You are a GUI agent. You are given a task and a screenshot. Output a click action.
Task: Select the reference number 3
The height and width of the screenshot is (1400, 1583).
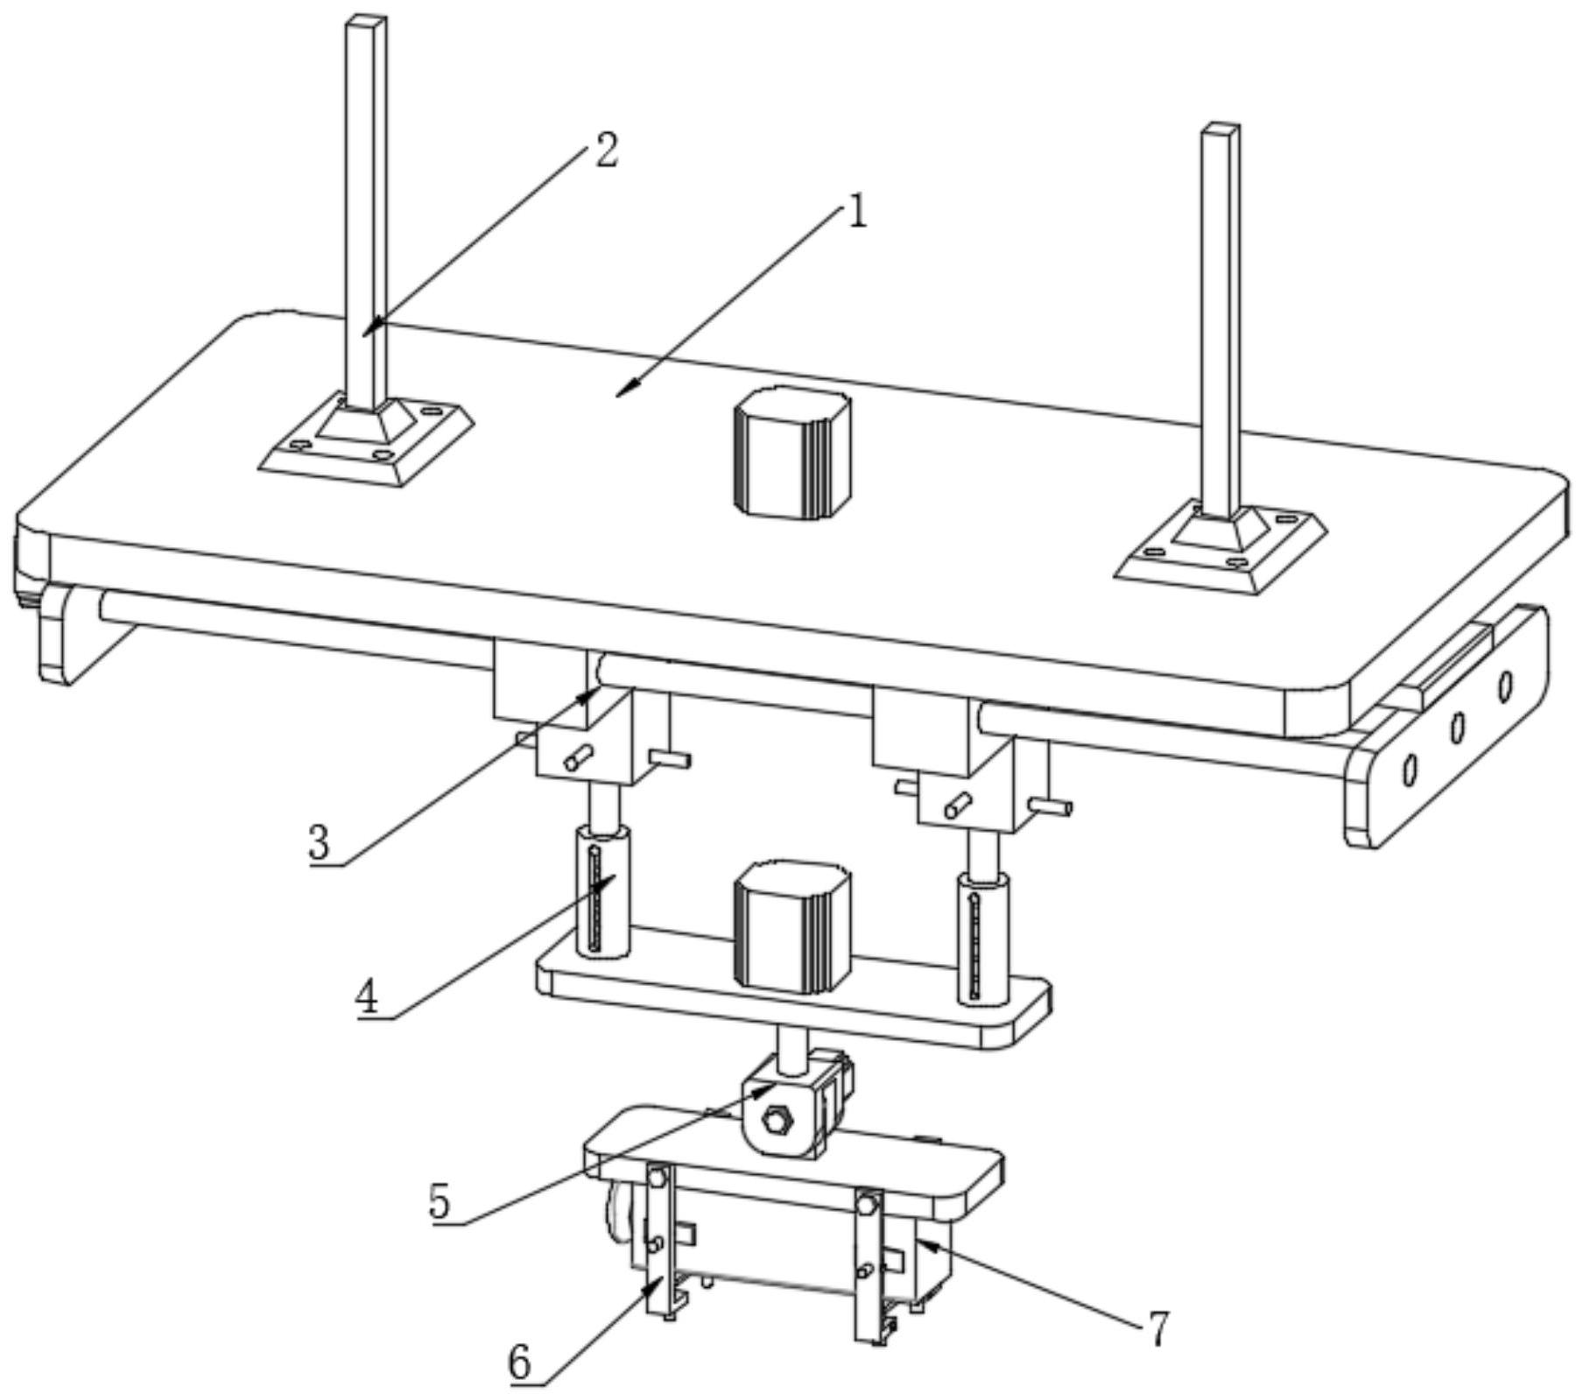coord(320,843)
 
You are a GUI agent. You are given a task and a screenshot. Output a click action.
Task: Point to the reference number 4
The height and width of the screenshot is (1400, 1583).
coord(368,996)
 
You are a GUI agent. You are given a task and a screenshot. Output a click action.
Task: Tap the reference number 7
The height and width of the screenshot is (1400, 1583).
coord(1157,1329)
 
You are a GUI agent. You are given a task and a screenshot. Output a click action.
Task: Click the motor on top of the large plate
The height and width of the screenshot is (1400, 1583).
coord(792,451)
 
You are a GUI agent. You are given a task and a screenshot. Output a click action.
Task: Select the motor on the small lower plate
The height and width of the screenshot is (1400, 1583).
coord(792,928)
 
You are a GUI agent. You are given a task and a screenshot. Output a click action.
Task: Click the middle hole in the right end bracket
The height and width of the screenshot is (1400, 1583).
coord(1458,727)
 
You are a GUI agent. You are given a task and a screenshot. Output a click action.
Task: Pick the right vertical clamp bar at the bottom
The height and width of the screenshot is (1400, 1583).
coord(869,1266)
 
